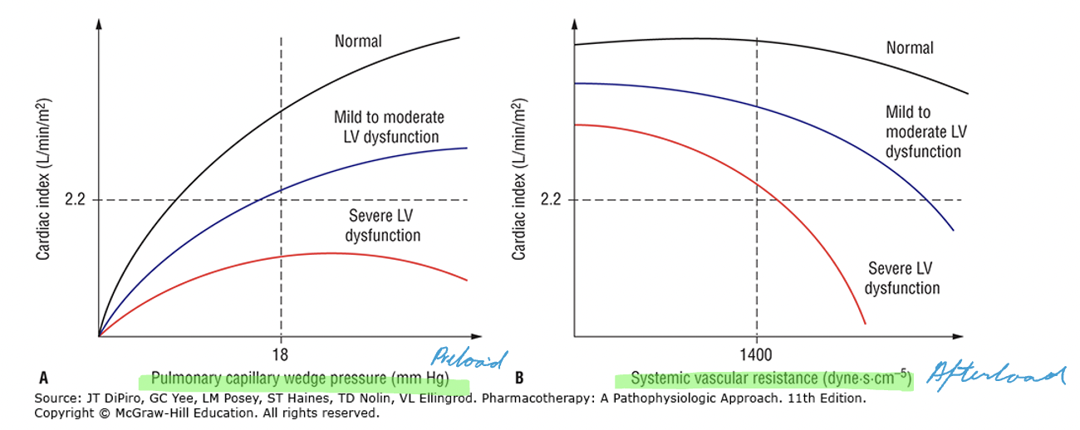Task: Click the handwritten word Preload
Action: [469, 359]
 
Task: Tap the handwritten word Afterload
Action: [995, 374]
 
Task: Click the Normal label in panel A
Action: [358, 41]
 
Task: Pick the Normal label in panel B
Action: [910, 47]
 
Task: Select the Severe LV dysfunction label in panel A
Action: [382, 226]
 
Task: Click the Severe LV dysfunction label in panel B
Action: [902, 278]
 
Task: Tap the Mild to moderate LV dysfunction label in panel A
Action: [389, 127]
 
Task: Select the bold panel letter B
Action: [519, 379]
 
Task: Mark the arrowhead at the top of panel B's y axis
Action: [575, 20]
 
